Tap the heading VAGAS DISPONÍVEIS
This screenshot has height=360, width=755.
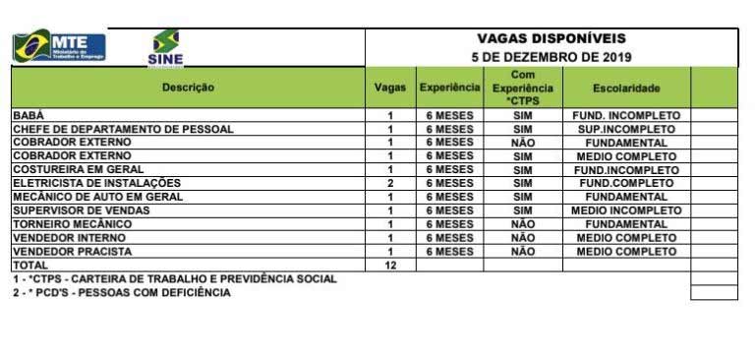coord(551,38)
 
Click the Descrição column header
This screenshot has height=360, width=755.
coord(187,88)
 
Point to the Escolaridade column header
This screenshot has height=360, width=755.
coord(626,88)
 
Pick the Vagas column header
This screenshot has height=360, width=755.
coord(390,88)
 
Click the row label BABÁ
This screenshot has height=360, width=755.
coord(29,115)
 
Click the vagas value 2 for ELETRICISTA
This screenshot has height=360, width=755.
coord(390,184)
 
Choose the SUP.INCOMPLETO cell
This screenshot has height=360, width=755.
coord(626,129)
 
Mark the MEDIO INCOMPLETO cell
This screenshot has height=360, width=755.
coord(626,210)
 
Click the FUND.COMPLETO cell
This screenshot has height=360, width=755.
coord(626,184)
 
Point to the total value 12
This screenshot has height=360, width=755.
coord(390,266)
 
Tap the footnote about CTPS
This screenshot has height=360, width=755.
coord(174,279)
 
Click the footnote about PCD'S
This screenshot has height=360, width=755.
coord(122,293)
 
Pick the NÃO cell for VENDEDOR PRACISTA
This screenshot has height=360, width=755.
coord(523,252)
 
